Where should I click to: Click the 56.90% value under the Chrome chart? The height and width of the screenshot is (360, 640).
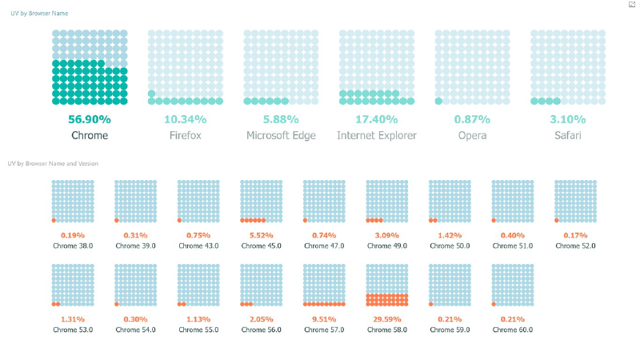coord(90,119)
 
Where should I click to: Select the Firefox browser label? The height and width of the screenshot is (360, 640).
coord(185,136)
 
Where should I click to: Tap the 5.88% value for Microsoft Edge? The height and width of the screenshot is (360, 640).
coord(281,119)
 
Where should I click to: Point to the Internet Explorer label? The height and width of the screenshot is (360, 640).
coord(377,136)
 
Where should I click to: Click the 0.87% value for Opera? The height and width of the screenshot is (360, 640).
coord(472,119)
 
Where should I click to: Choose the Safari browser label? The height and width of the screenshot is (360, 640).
coord(568,136)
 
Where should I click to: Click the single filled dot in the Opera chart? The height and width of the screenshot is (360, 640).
coord(439,101)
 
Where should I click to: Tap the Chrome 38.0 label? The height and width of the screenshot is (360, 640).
coord(73,246)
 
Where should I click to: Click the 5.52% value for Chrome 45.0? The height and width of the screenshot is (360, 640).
coord(261,235)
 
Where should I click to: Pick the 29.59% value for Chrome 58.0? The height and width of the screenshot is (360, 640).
coord(387,318)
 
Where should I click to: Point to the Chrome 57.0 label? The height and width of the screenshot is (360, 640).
coord(324,329)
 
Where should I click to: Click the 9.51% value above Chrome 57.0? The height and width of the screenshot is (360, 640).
coord(324,318)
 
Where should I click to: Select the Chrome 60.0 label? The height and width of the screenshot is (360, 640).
coord(512,329)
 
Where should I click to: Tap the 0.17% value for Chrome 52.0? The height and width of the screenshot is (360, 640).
coord(575,235)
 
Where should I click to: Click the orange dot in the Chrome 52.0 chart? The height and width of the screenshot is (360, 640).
coord(557,220)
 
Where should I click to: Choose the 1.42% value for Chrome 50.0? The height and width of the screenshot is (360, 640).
coord(450,235)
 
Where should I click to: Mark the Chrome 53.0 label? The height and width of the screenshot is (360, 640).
coord(73,329)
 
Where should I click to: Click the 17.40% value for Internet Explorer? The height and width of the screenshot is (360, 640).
coord(377,119)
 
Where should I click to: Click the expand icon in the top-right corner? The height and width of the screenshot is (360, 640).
coord(632,5)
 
